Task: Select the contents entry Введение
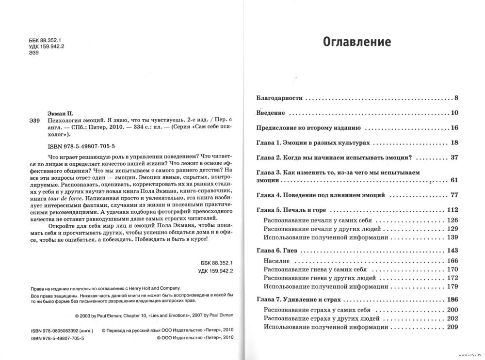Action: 270,113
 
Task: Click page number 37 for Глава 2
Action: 454,158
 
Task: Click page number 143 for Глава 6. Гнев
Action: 453,251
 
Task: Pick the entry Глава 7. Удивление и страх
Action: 299,299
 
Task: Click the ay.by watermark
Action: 470,355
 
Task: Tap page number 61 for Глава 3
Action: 454,180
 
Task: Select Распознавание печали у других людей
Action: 321,228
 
